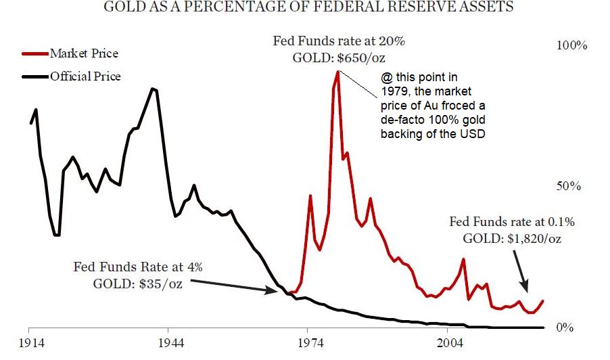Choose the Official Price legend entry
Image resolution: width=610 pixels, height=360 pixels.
coord(85,76)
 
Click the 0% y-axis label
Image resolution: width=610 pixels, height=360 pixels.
coord(564,328)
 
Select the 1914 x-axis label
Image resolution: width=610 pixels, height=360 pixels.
coord(30,344)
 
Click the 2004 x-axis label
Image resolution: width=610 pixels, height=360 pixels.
coord(449,344)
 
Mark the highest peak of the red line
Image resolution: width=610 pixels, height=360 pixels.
coord(336,71)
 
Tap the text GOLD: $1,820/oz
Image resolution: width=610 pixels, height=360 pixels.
coord(512,238)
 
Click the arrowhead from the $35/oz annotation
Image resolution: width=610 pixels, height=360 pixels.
coord(269,291)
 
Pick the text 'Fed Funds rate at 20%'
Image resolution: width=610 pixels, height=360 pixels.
coord(339,41)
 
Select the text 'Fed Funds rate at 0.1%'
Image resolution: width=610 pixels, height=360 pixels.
coord(512,221)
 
